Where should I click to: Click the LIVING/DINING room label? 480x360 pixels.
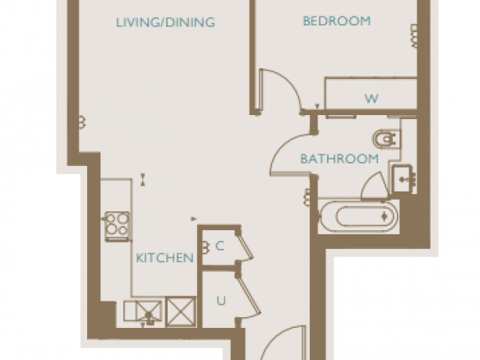coord(165,22)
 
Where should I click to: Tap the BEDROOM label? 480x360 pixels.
coord(337,21)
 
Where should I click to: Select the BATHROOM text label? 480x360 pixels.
coord(339,159)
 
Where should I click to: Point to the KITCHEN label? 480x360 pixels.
coord(164,258)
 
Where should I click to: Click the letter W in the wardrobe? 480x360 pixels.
coord(372,99)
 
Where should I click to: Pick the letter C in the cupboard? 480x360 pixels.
coord(219,246)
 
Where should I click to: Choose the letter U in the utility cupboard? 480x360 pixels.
coord(221,301)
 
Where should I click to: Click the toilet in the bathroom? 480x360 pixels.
coord(386,139)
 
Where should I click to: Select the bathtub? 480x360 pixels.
coord(358,217)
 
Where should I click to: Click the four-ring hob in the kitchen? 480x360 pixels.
coord(117,226)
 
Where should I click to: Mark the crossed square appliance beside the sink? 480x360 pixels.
coord(181,312)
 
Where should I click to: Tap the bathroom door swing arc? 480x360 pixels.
coord(281,146)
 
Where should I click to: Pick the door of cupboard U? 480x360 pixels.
coord(248,297)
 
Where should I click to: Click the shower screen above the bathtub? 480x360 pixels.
coord(375,186)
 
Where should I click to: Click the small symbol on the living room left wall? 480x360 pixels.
coord(82,122)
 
